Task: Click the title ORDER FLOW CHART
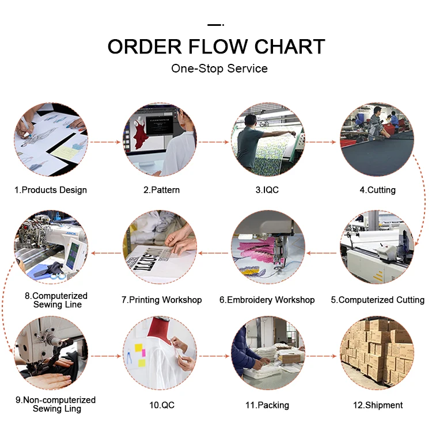(216, 47)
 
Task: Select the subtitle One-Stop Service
(219, 68)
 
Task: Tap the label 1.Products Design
(51, 190)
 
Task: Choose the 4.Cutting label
(377, 190)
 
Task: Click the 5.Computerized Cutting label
(377, 300)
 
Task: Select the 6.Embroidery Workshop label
(267, 300)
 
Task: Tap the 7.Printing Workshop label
(161, 300)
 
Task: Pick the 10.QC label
(161, 405)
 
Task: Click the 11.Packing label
(267, 405)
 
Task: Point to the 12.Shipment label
(377, 405)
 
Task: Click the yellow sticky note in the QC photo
(139, 348)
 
